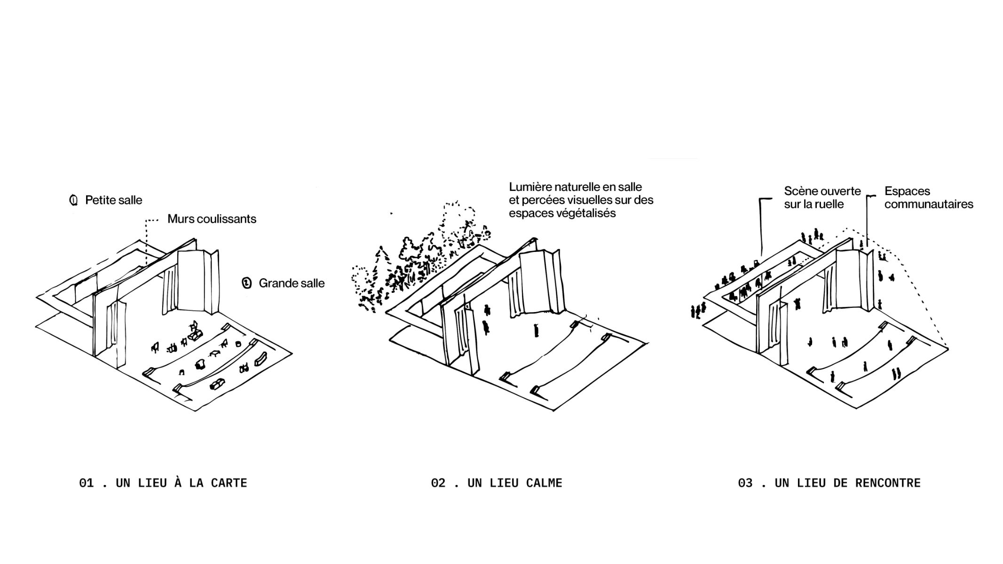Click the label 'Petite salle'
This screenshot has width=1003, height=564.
(113, 200)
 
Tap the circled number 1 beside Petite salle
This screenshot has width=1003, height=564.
(73, 200)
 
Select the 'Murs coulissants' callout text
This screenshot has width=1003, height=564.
(212, 219)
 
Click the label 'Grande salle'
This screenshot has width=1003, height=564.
(292, 283)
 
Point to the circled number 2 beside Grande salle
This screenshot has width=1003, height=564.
(246, 283)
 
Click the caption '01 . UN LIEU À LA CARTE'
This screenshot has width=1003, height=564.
(163, 483)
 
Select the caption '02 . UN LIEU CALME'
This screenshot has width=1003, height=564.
(497, 483)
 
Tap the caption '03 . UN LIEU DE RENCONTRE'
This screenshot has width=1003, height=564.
(829, 483)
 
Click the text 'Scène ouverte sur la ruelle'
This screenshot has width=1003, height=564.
(822, 198)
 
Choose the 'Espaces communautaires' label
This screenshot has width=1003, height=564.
(929, 198)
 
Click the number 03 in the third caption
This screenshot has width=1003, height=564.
(745, 483)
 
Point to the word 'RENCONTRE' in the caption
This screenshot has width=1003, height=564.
(888, 483)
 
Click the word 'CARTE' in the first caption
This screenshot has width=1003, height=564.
(229, 483)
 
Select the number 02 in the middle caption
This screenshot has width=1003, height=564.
(438, 483)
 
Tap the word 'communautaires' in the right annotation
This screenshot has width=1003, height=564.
(929, 204)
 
